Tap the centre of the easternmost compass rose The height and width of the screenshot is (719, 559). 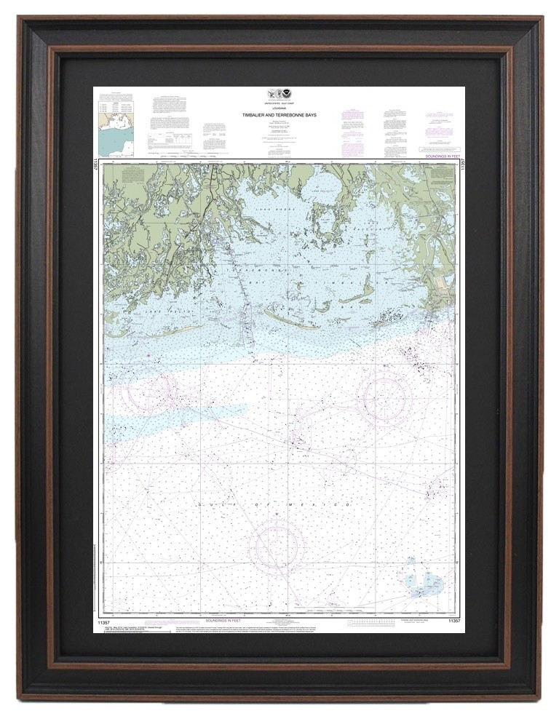tap(384, 397)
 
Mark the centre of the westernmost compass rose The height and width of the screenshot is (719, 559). tap(146, 391)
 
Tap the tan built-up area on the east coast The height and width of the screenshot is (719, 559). tap(442, 294)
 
